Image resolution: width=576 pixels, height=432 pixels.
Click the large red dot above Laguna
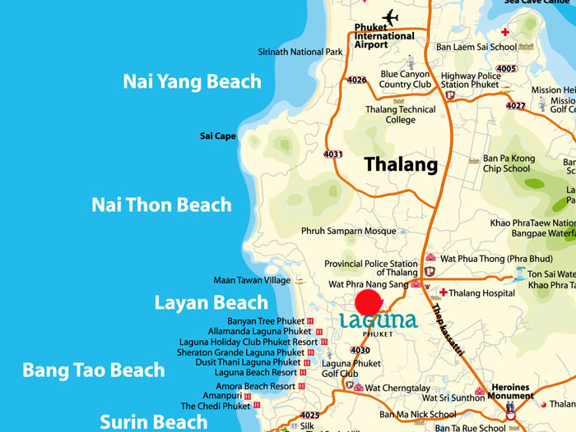[x=368, y=301]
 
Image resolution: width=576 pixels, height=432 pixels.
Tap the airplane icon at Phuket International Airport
[x=389, y=17]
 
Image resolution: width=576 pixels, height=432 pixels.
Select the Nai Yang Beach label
[x=192, y=81]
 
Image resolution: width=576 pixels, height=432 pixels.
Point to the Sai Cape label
[x=218, y=136]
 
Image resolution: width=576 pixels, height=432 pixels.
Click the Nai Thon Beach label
[x=161, y=205]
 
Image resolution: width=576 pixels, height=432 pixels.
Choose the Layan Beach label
[x=211, y=302]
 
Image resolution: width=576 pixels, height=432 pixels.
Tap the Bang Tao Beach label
[x=94, y=370]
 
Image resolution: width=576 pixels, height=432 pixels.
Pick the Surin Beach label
[x=154, y=422]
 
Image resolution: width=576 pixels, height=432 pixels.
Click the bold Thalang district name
[x=401, y=165]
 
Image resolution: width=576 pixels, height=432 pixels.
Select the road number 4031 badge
[x=333, y=154]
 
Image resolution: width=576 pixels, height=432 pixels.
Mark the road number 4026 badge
[x=357, y=80]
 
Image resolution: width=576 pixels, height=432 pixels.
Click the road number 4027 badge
[x=516, y=105]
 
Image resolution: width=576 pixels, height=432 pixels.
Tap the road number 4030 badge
[x=360, y=351]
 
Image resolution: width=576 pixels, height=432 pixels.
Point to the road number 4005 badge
[x=507, y=68]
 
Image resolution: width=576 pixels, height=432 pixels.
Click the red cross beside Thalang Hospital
[x=443, y=292]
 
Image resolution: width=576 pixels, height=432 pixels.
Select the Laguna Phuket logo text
[x=379, y=318]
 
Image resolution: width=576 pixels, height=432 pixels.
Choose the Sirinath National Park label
[x=300, y=52]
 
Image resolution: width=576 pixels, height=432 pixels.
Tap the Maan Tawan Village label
[x=252, y=280]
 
